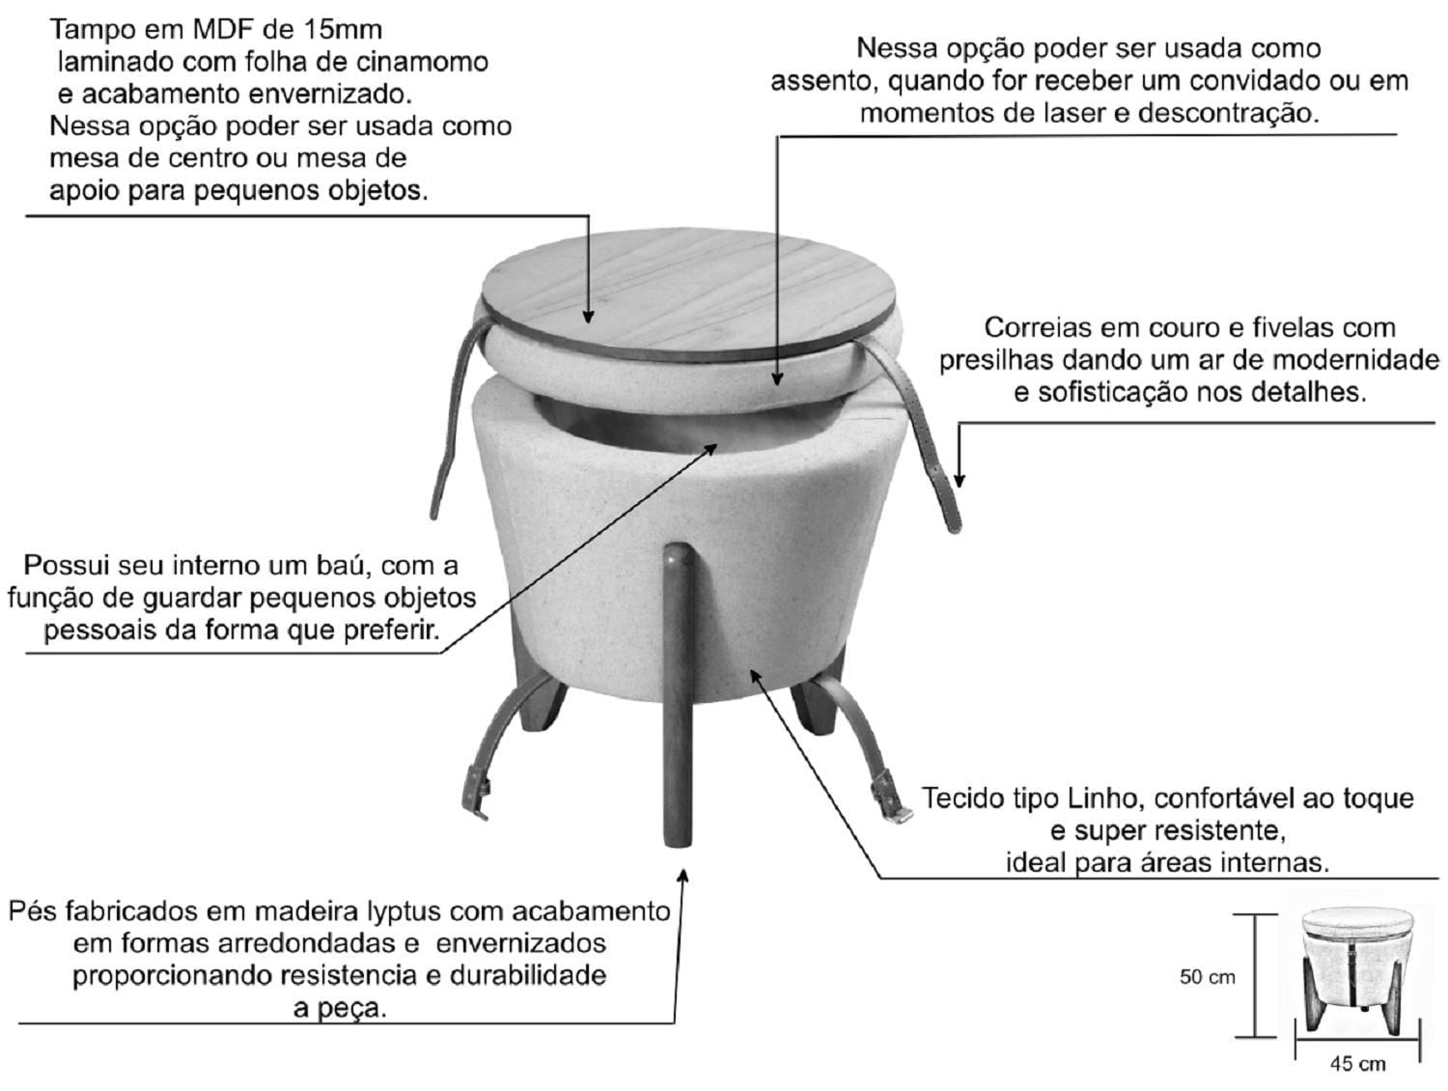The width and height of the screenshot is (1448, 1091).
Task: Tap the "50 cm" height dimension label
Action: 1208,977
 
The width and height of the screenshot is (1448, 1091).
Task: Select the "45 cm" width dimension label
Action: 1357,1064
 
